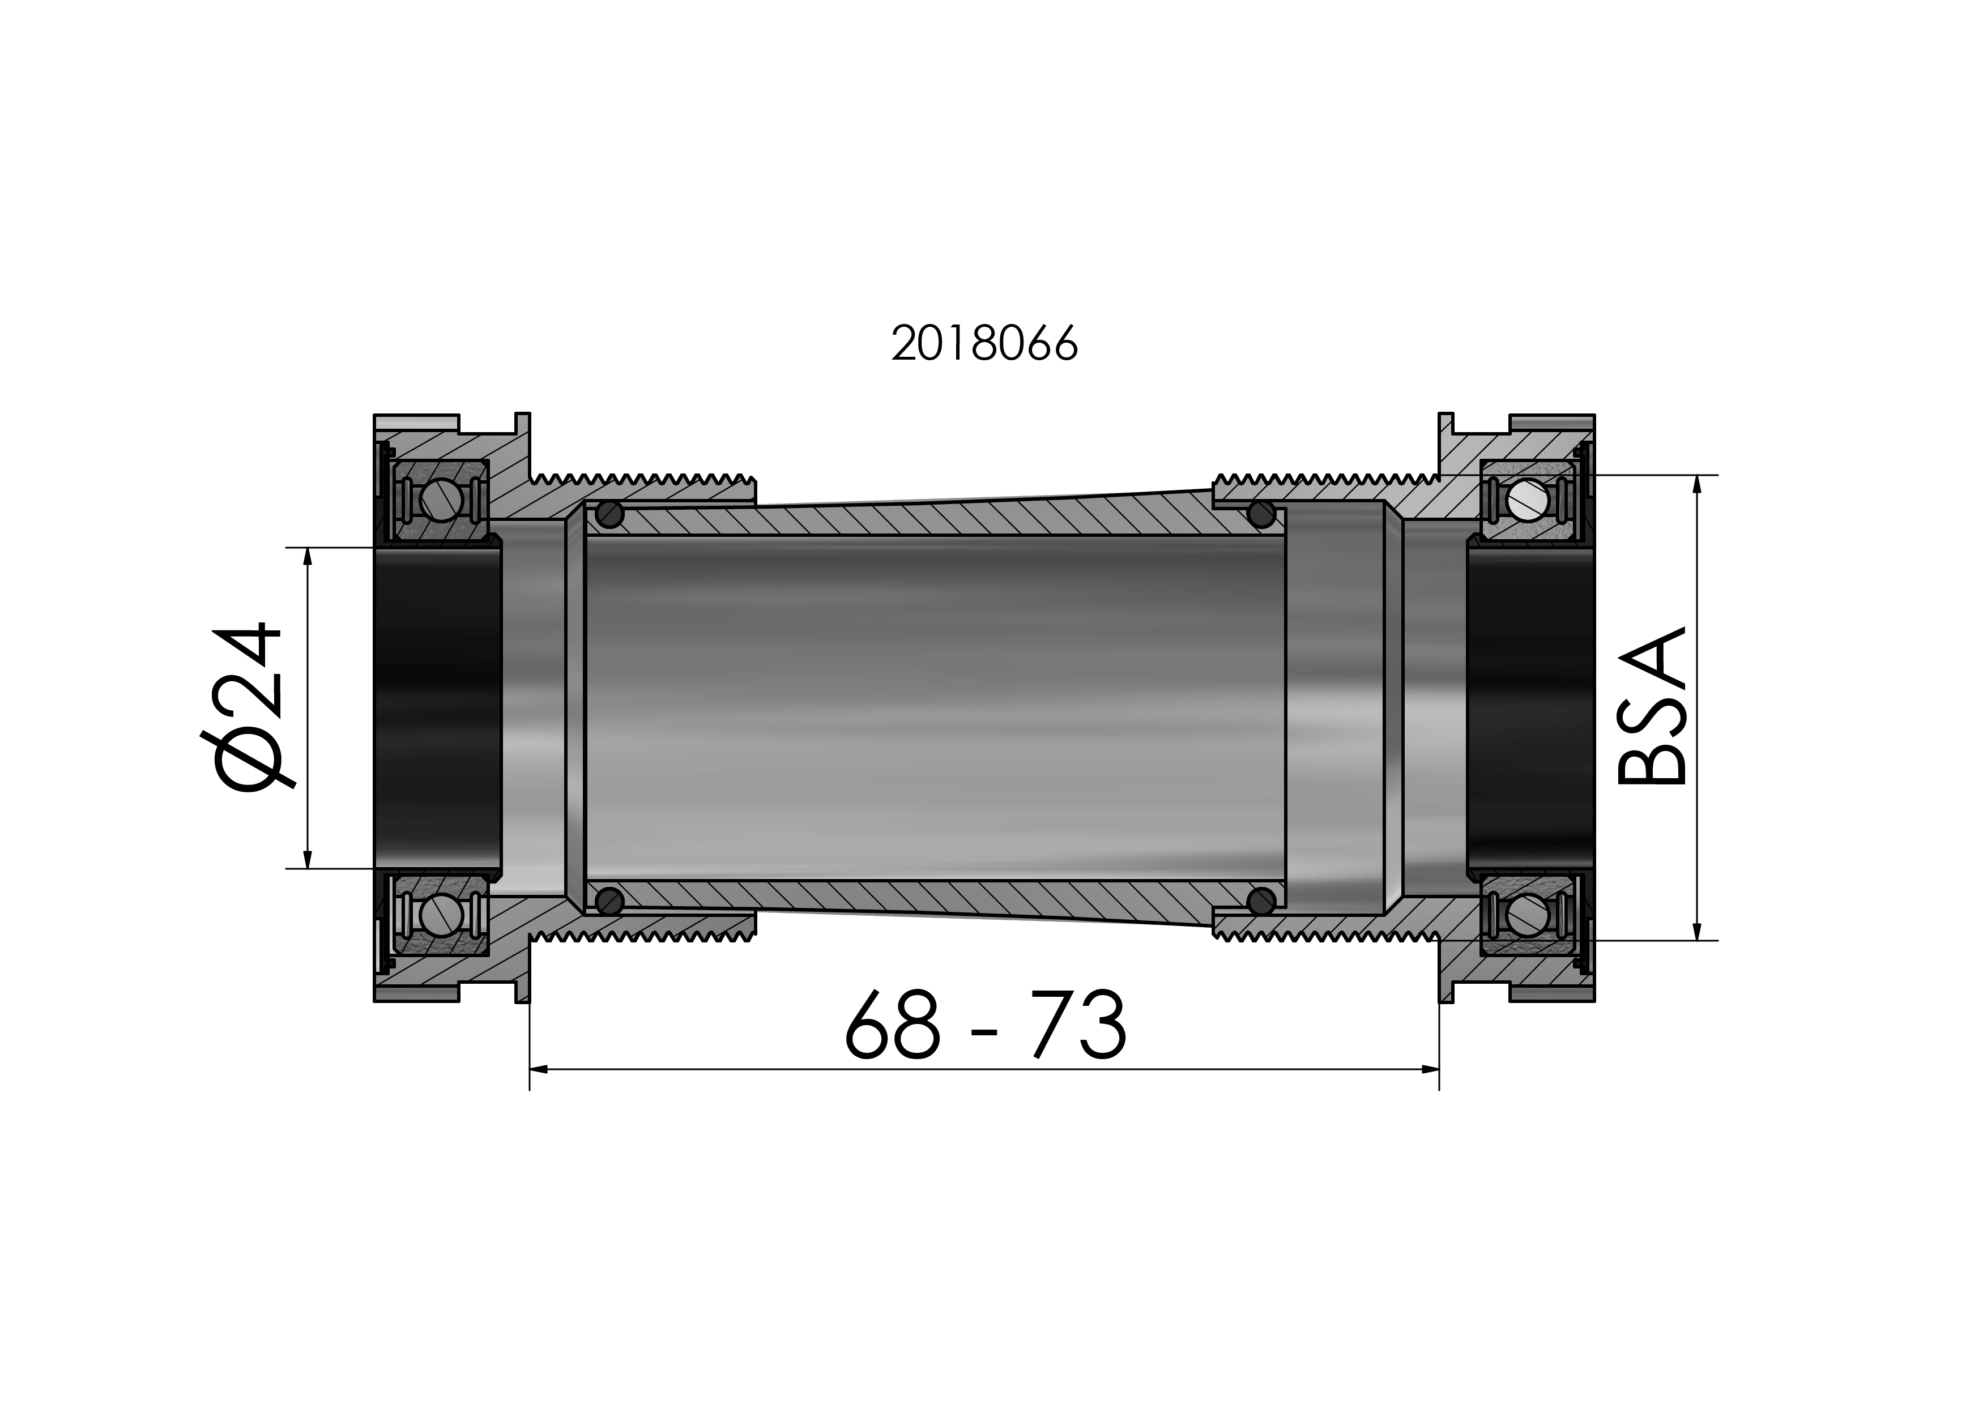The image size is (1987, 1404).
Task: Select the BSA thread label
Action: point(1651,706)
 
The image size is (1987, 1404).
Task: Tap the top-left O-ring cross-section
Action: point(610,515)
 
